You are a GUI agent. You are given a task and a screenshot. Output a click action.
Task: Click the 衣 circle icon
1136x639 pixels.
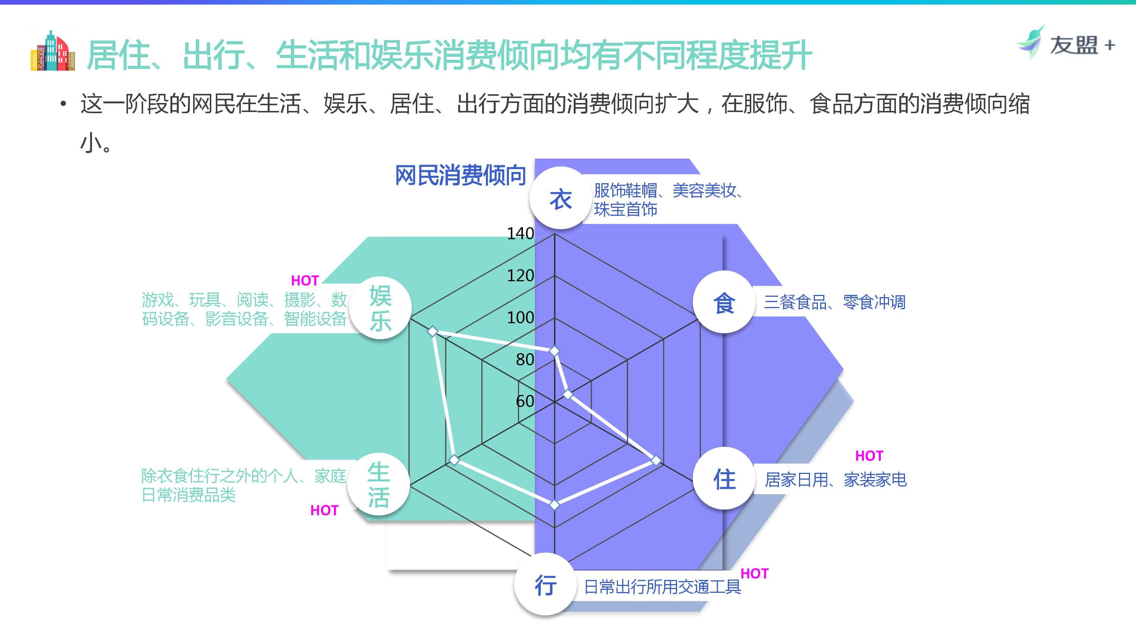point(560,198)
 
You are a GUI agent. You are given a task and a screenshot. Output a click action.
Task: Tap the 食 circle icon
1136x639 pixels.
point(724,302)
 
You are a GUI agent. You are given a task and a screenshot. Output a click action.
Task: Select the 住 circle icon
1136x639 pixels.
point(724,479)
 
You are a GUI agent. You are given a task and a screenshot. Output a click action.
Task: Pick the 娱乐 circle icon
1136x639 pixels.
point(380,307)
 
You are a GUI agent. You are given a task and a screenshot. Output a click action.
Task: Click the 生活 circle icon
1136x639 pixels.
point(378,485)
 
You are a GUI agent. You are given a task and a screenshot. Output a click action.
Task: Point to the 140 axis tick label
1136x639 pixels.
point(520,233)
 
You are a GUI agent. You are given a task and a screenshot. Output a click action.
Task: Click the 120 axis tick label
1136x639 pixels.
point(520,276)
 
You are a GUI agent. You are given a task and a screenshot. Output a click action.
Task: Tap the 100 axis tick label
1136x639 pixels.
point(520,318)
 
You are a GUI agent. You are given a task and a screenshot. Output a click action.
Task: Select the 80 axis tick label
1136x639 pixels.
point(525,359)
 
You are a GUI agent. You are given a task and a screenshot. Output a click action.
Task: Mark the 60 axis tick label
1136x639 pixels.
point(525,401)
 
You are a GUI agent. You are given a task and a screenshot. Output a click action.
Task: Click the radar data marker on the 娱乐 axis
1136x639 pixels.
point(433,331)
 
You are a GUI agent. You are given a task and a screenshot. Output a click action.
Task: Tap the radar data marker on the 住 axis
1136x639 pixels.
point(656,460)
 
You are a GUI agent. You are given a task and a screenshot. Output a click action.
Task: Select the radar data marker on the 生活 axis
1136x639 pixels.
point(454,460)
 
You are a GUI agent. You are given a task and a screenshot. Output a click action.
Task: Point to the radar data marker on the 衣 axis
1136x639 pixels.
point(554,351)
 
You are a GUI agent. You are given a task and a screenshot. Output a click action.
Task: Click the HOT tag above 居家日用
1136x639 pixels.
point(869,455)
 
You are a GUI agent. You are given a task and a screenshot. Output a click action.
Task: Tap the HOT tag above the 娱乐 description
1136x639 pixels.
point(305,281)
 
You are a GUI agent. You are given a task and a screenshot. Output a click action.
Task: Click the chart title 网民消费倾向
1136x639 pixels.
point(460,176)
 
